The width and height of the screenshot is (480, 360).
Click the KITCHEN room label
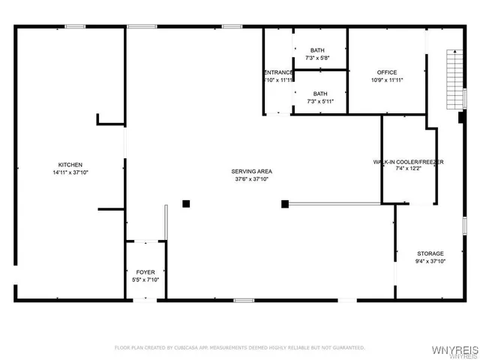[x=70, y=165]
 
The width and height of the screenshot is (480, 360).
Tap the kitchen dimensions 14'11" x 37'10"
[x=70, y=172]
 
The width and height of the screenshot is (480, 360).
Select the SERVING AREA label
[x=251, y=172]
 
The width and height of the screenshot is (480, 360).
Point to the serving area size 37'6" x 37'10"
[x=251, y=179]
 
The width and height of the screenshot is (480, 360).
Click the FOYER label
[x=145, y=272]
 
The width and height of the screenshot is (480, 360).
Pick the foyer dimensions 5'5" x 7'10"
[x=145, y=280]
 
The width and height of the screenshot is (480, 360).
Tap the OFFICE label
[x=387, y=72]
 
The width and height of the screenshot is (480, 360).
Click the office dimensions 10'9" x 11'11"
[x=387, y=79]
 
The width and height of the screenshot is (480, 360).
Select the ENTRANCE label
[x=278, y=72]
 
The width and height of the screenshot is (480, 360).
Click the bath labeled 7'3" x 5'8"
[x=318, y=54]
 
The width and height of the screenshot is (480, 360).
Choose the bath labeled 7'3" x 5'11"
[x=318, y=97]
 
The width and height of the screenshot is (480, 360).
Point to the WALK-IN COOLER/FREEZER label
[x=409, y=162]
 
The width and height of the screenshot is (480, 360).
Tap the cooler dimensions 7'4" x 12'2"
[x=409, y=169]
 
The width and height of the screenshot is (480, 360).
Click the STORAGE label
[x=430, y=253]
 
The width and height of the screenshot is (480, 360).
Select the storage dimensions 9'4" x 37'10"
[x=430, y=262]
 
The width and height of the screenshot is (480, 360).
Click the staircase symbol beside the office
[x=452, y=79]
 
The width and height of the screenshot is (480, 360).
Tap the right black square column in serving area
[x=285, y=203]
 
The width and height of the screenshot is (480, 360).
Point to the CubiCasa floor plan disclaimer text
[x=240, y=347]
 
